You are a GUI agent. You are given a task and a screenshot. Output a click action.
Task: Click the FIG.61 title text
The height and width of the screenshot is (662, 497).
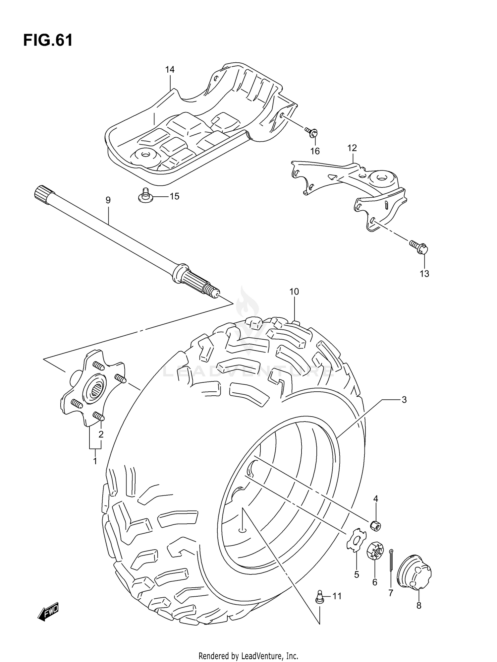pyautogui.click(x=48, y=40)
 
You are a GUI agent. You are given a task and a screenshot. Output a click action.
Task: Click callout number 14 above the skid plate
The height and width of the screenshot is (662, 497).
pyautogui.click(x=170, y=70)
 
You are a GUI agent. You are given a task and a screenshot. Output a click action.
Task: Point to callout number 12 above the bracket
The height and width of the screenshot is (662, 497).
pyautogui.click(x=352, y=148)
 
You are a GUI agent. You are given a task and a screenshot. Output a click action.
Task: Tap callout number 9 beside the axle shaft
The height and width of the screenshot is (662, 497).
pyautogui.click(x=108, y=200)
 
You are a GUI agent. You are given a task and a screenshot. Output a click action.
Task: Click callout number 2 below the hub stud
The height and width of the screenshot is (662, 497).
pyautogui.click(x=101, y=434)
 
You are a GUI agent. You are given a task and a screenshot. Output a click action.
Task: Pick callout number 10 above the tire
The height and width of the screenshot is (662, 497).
pyautogui.click(x=294, y=292)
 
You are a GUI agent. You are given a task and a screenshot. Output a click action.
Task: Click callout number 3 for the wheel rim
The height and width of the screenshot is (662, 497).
pyautogui.click(x=404, y=400)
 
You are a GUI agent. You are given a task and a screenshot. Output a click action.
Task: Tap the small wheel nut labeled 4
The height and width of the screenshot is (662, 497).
pyautogui.click(x=375, y=525)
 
